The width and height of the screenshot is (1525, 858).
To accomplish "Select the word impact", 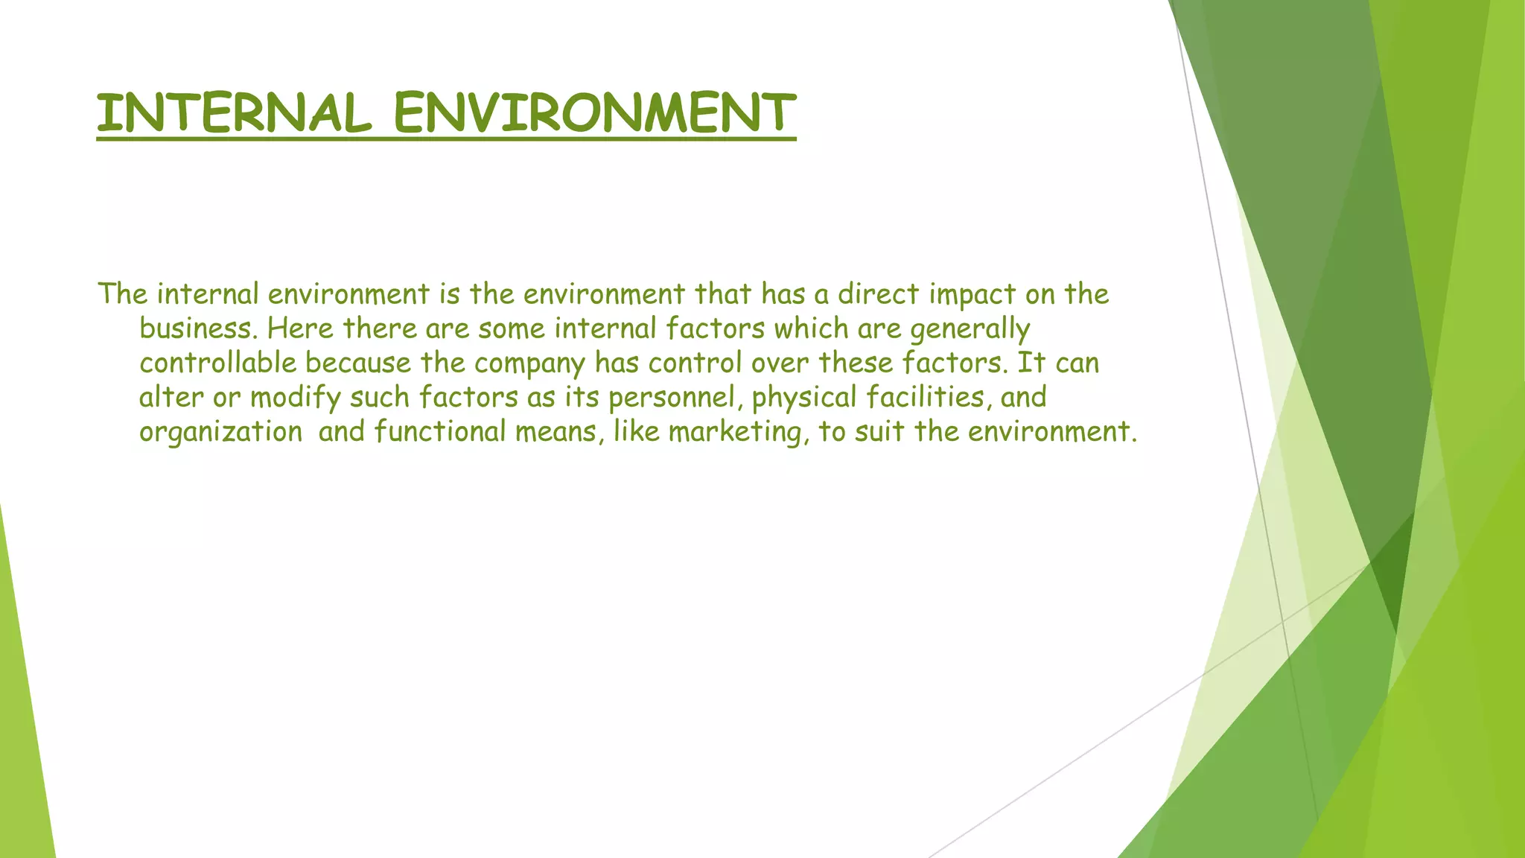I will tap(972, 296).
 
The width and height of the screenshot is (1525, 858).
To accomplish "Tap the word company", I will tap(529, 364).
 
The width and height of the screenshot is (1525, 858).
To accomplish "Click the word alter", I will tap(171, 397).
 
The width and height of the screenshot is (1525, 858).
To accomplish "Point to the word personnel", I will tap(676, 398).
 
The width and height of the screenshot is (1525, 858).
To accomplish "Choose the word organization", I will tap(220, 433).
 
